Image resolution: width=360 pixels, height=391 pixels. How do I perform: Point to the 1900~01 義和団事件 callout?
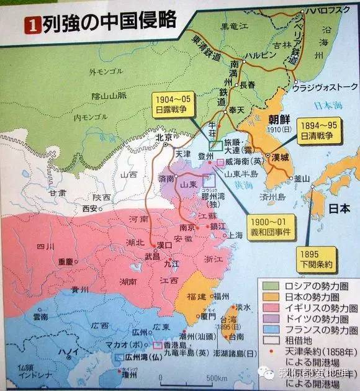(x=272, y=225)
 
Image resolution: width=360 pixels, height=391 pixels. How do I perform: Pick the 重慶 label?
(x=65, y=261)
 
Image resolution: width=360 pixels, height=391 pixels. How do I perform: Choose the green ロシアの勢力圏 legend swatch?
(x=270, y=286)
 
